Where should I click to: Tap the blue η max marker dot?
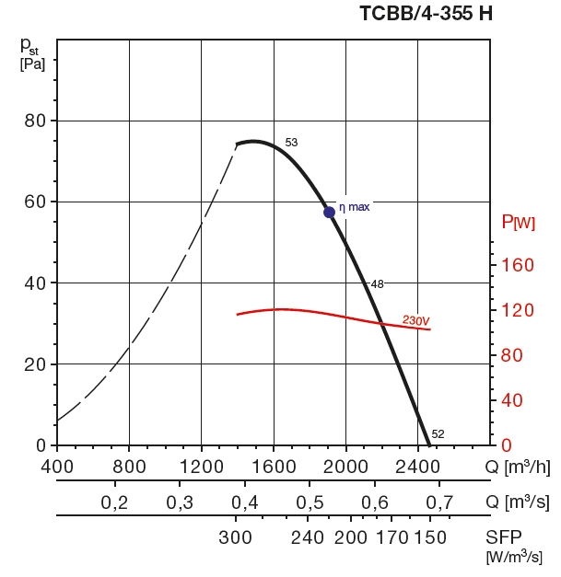point(329,212)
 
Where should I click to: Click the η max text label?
point(355,207)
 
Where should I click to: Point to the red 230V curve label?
point(416,320)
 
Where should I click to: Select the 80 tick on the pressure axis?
point(35,121)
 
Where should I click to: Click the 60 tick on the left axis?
point(35,202)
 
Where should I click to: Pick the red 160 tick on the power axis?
point(518,266)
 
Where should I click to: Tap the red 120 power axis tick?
point(518,311)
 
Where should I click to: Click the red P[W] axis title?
point(519,223)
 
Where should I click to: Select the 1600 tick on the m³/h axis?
point(274,467)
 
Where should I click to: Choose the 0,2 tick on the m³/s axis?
point(114,502)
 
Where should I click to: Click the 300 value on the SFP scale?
point(237,537)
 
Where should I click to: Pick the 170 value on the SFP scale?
point(392,537)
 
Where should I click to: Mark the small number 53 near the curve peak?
point(291,143)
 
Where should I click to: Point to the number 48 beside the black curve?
point(377,283)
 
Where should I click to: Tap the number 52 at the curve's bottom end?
point(438,434)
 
